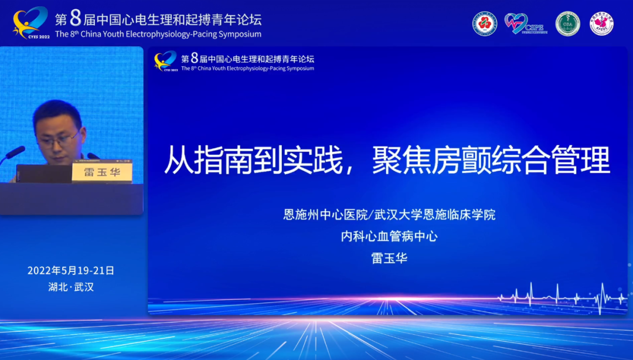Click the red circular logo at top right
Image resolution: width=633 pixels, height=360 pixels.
485,23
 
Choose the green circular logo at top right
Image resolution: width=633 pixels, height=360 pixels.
567,23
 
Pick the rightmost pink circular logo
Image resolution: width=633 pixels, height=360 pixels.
601,23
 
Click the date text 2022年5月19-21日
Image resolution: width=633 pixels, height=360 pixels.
71,270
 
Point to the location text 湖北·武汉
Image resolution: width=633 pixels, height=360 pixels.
71,287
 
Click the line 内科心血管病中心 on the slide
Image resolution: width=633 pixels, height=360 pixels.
389,236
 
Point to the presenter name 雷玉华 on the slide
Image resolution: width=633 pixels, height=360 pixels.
389,258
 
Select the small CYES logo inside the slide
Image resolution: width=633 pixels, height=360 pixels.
165,60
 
